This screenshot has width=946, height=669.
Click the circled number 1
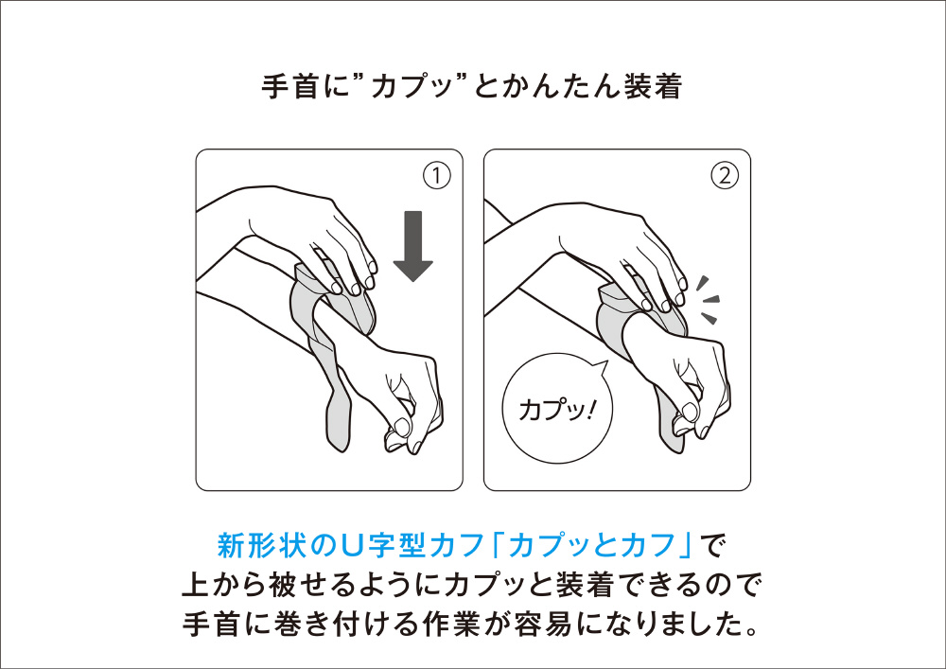436,176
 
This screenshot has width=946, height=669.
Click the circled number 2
725,176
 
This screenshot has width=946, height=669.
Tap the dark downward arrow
412,246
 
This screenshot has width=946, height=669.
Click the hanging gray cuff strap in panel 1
330,391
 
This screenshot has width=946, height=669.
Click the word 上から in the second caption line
224,585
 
